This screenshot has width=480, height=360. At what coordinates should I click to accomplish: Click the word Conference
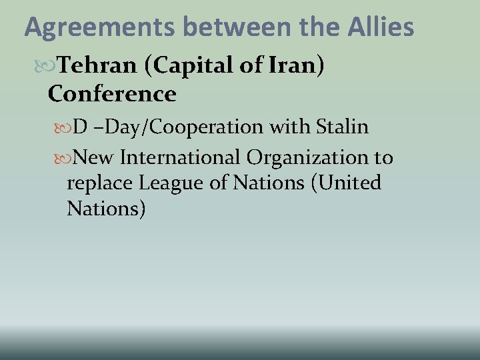[x=112, y=94]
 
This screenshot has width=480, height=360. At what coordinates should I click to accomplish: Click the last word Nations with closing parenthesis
[x=106, y=209]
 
